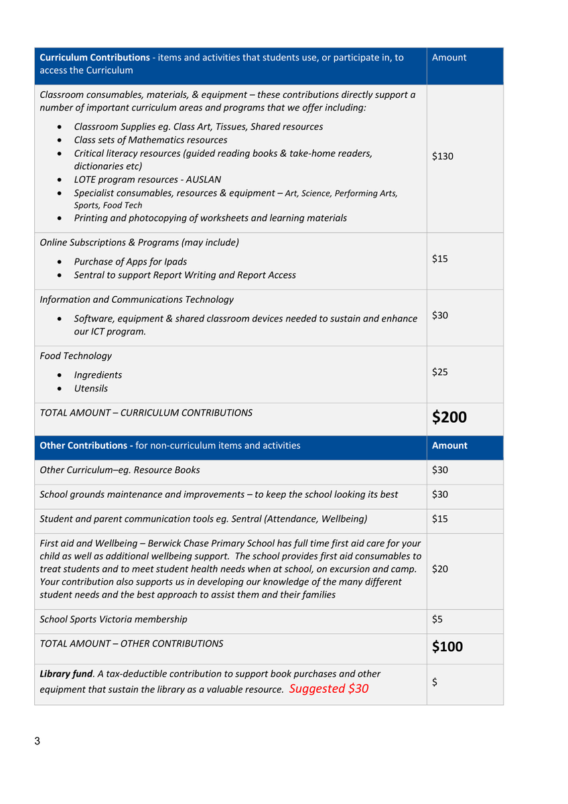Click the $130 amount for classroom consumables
(x=443, y=156)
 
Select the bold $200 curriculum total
(x=449, y=417)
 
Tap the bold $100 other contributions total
(x=447, y=647)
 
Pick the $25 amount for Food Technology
(x=440, y=372)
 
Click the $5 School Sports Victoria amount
(x=437, y=619)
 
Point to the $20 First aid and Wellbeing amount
(x=440, y=569)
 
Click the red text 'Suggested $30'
(x=329, y=689)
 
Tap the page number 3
(x=38, y=741)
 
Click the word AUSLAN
(x=201, y=180)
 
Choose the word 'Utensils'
(x=90, y=389)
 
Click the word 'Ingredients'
(x=98, y=375)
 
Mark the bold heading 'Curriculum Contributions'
(x=94, y=58)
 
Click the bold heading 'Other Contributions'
(x=85, y=446)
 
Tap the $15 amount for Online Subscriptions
(x=440, y=259)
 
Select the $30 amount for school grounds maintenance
(x=440, y=494)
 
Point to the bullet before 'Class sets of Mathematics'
(x=61, y=141)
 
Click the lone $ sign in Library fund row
(x=435, y=682)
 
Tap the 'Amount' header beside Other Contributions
(x=449, y=446)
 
